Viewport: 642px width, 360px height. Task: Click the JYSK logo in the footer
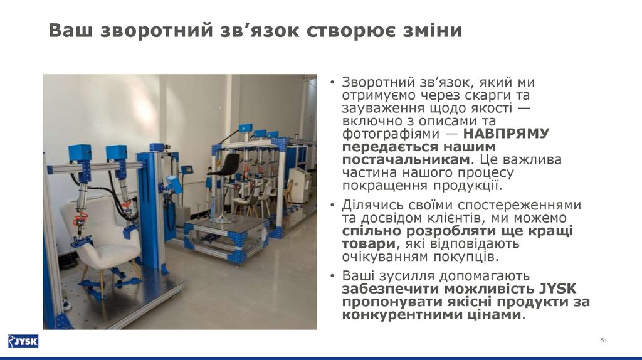pos(23,341)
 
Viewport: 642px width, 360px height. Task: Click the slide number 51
pos(604,340)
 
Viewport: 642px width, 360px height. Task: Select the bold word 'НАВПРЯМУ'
pos(507,133)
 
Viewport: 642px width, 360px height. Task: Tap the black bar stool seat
pos(226,164)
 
